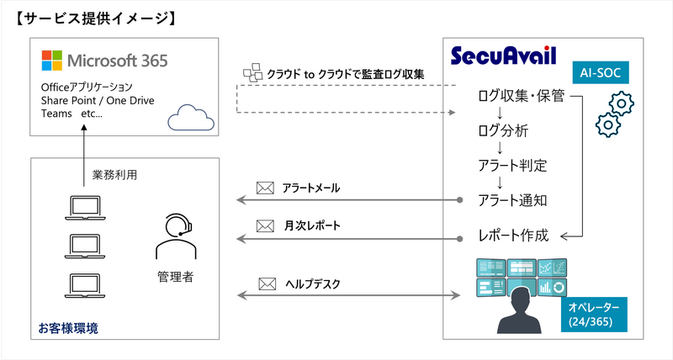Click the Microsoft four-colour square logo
(50, 61)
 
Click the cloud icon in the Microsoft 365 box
(186, 119)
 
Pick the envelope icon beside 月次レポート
(266, 226)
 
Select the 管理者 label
(175, 276)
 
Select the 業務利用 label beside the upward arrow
(114, 177)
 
